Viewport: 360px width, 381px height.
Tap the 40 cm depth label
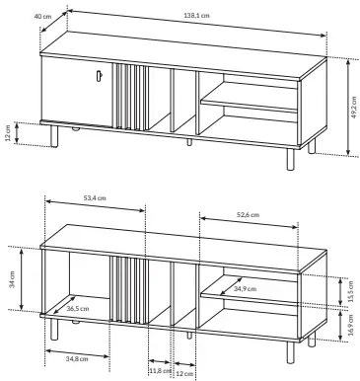click(42, 16)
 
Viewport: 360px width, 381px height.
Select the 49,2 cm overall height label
click(354, 108)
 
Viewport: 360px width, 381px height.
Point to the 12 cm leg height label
click(8, 133)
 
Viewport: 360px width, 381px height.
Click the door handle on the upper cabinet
click(100, 75)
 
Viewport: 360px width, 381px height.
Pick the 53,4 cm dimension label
click(95, 198)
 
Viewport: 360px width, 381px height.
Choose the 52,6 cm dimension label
click(248, 215)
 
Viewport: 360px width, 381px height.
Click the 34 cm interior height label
click(13, 279)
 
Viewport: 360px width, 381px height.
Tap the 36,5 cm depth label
click(78, 309)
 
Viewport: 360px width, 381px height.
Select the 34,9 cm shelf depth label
click(245, 289)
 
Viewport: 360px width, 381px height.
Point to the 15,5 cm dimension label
click(350, 291)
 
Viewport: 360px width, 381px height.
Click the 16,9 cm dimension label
click(350, 326)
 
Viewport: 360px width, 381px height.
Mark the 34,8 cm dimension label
click(77, 359)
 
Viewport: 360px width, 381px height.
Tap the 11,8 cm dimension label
click(160, 371)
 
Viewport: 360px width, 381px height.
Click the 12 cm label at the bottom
click(184, 374)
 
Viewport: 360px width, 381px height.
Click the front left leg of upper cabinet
click(54, 136)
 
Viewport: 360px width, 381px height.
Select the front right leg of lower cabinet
click(290, 352)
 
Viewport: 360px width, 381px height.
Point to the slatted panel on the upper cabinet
click(130, 97)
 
